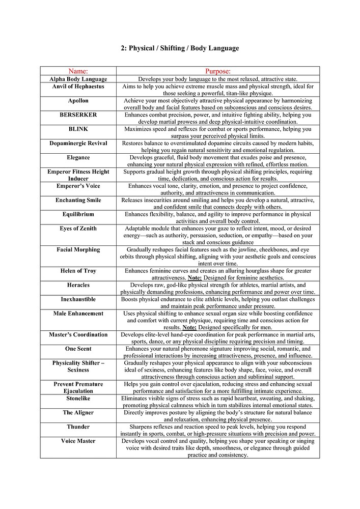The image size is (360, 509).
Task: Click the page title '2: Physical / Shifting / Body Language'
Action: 180,48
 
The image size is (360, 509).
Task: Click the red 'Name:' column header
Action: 78,71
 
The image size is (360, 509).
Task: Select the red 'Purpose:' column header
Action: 217,71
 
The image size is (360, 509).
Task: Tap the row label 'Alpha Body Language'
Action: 78,79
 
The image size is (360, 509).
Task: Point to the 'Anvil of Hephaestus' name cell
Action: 78,87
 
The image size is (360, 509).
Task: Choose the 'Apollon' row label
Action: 78,101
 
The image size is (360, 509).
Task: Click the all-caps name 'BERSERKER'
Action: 78,115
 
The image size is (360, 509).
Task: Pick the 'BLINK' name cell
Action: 78,129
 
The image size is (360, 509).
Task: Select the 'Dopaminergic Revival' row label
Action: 78,144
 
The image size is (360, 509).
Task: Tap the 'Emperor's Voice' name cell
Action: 78,186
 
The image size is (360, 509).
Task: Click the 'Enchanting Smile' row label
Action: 78,200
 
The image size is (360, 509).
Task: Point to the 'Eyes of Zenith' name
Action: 78,229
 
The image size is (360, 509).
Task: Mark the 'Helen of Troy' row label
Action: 78,271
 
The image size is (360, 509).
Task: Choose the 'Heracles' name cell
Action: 78,285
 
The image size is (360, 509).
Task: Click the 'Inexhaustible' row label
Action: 78,299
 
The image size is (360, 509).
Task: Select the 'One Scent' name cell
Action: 78,349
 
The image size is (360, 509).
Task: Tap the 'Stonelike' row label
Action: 78,398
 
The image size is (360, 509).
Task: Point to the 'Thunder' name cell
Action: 78,427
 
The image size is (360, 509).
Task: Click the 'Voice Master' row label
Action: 78,441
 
